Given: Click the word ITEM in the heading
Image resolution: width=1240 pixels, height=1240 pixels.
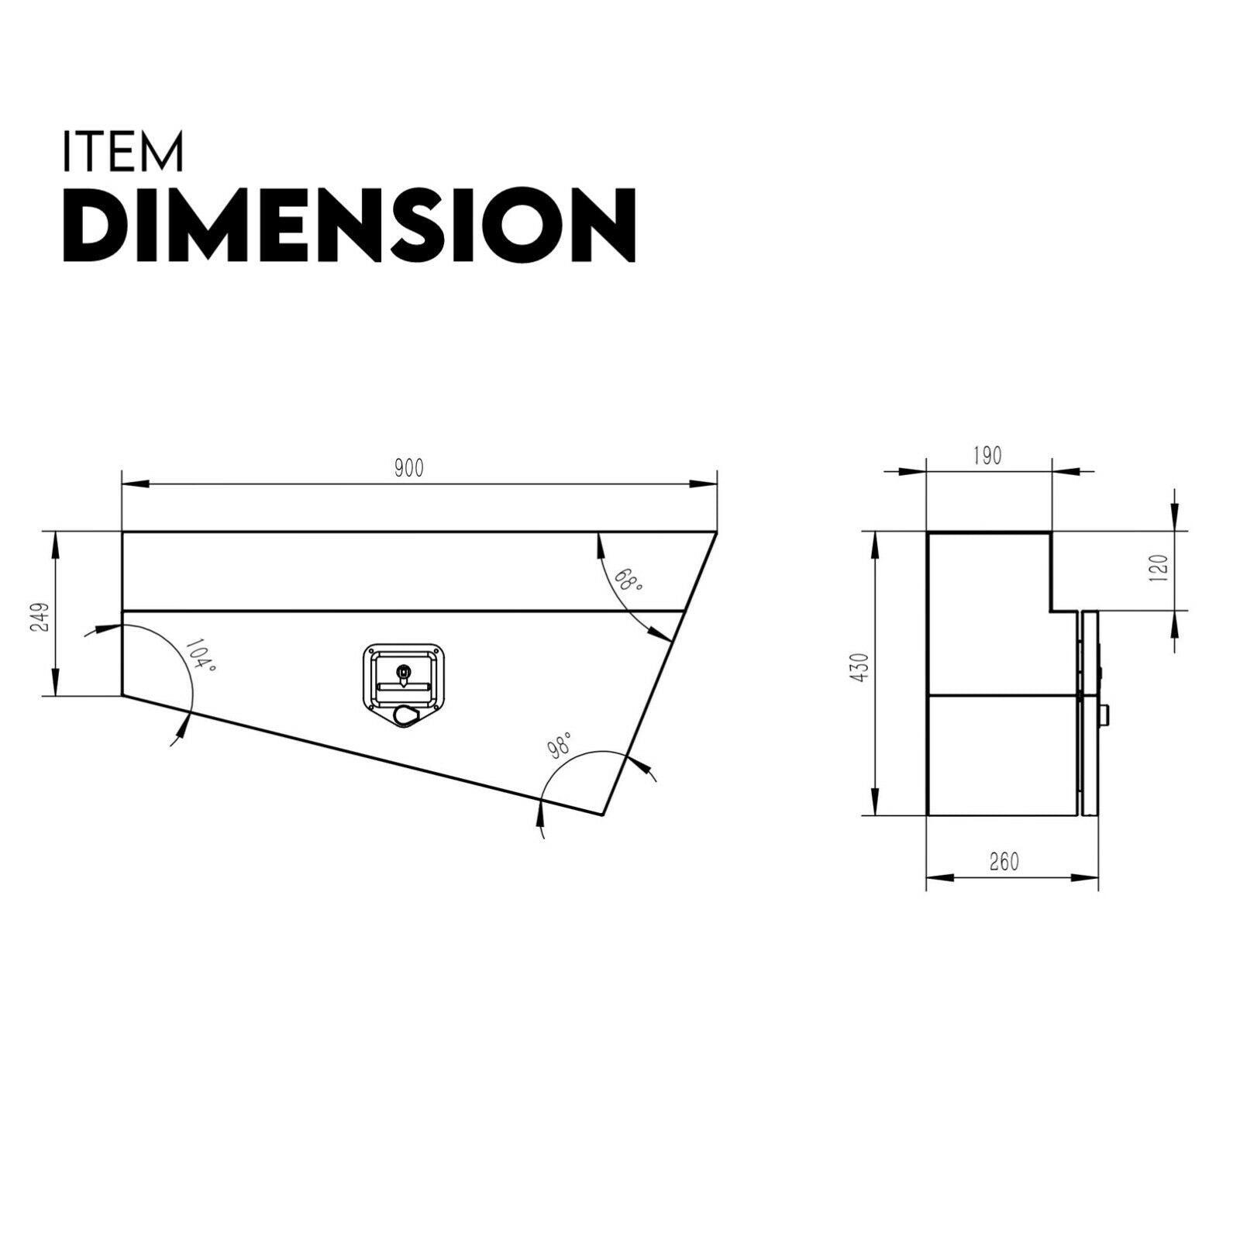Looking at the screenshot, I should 122,152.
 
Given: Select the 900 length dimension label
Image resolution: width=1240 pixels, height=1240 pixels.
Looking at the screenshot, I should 408,469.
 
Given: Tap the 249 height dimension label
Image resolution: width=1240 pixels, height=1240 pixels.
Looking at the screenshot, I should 40,617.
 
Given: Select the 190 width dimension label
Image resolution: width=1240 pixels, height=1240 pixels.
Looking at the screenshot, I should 987,455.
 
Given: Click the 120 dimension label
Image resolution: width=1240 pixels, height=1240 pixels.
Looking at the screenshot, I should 1160,570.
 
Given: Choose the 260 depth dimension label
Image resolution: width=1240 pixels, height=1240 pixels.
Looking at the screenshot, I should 1004,862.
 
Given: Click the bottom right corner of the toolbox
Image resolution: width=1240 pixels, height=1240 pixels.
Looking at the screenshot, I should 602,815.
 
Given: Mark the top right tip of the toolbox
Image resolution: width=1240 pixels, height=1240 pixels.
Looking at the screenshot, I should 716,532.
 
